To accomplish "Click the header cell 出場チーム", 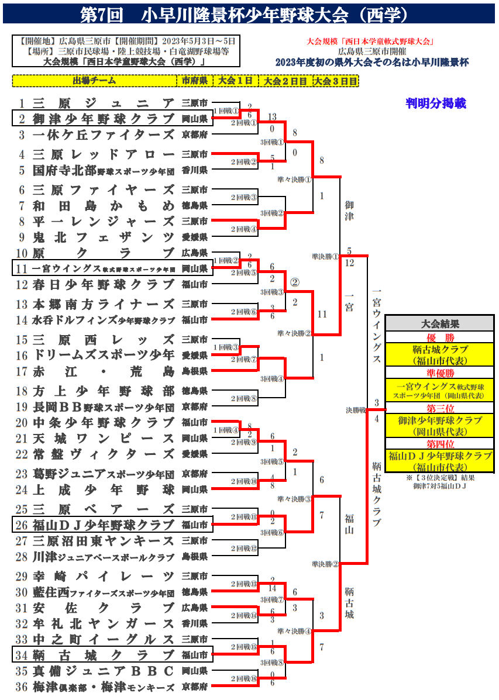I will click(x=94, y=81).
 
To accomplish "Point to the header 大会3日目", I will click(x=335, y=81).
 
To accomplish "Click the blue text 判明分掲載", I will click(x=436, y=104).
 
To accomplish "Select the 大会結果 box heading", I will click(x=439, y=324).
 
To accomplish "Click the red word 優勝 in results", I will click(x=439, y=337).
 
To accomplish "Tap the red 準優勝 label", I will click(x=439, y=373).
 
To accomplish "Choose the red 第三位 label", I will click(x=439, y=408).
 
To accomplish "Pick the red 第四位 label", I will click(x=439, y=443).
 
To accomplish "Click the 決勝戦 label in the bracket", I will click(x=355, y=410).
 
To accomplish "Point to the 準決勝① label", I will click(x=325, y=256).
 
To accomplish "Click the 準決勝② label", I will click(x=325, y=564).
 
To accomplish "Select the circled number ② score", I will click(x=295, y=282).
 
